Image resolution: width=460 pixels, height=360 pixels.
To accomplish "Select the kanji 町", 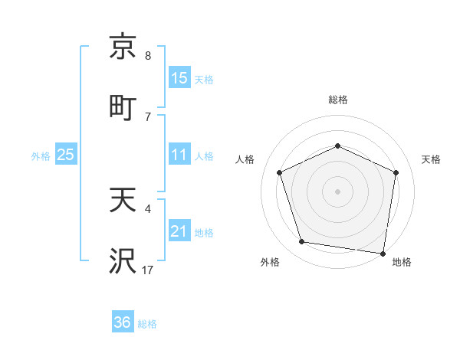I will click(123, 107).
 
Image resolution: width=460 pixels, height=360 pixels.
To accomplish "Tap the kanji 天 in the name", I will click(123, 201).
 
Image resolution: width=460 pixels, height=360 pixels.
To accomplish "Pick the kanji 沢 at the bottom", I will click(123, 261).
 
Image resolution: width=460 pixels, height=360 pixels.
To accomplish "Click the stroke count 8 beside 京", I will click(148, 56).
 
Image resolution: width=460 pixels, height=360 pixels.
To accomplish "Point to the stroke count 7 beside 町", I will click(148, 116).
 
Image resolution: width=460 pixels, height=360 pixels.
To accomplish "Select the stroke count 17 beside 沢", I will click(148, 270).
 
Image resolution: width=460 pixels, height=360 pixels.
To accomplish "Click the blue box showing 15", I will click(179, 78).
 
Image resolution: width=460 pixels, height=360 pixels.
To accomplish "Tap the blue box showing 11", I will click(179, 155).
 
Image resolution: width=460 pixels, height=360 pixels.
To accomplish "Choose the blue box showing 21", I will click(179, 231).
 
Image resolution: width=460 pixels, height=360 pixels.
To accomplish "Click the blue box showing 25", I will click(66, 155).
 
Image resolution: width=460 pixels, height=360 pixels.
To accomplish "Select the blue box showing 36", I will click(123, 322).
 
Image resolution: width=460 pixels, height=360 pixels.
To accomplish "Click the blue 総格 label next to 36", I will click(147, 324).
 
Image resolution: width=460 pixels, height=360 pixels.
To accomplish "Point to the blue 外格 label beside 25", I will click(41, 156).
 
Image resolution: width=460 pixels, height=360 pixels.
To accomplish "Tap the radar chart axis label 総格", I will click(338, 100).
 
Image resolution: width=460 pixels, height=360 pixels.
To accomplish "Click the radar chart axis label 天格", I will click(432, 160).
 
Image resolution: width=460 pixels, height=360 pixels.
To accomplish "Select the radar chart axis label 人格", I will click(245, 160).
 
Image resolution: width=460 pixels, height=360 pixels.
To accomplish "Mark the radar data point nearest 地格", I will click(383, 253).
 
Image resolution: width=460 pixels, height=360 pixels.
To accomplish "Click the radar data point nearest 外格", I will click(302, 242).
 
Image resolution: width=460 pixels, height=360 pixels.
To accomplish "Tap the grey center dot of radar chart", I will click(338, 191).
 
